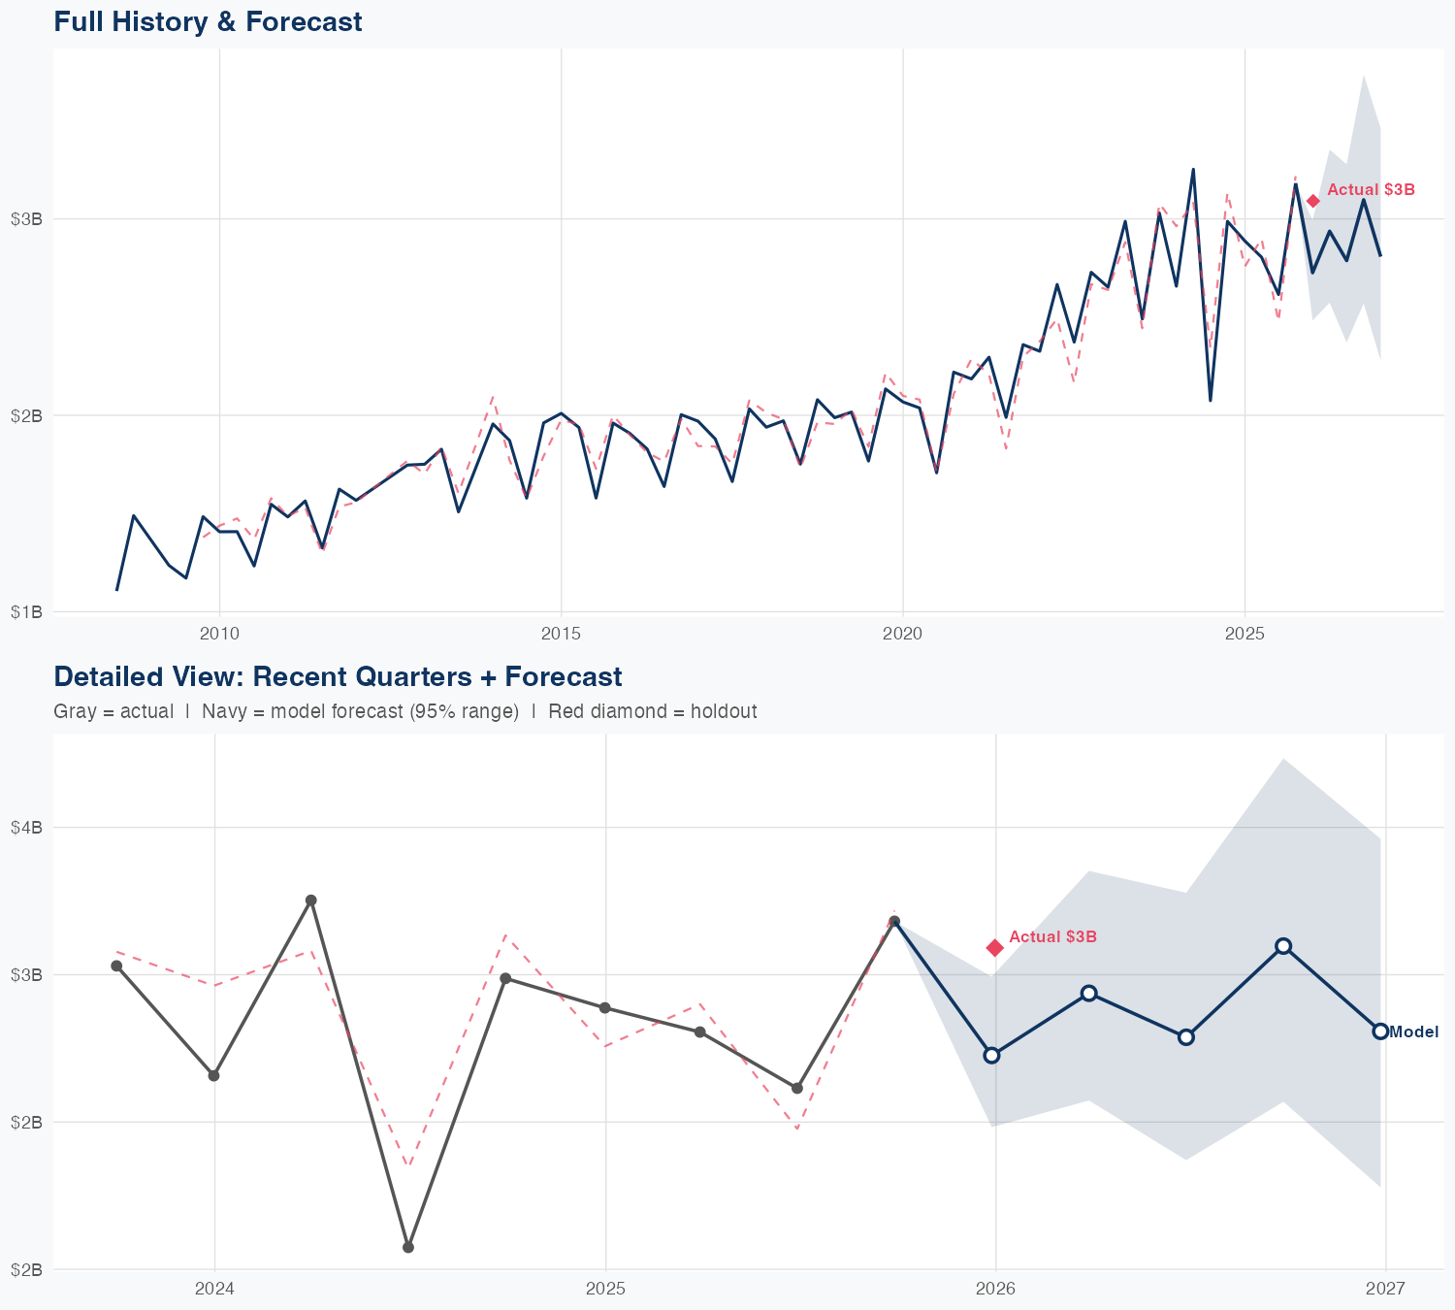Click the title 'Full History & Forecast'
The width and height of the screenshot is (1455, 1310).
[208, 21]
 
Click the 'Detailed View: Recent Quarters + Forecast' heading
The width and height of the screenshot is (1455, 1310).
[338, 676]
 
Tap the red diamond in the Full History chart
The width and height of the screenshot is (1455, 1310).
[1312, 201]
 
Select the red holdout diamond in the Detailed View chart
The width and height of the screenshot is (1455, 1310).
[994, 947]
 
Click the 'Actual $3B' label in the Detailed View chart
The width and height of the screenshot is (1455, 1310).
[1052, 936]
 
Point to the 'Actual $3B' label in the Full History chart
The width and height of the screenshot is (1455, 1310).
[1371, 190]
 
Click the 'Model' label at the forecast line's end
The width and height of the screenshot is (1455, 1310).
[1413, 1032]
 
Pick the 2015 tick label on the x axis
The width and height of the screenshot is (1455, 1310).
[561, 635]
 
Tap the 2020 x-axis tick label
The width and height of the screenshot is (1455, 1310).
[902, 635]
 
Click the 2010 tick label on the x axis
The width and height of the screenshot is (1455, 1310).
[219, 635]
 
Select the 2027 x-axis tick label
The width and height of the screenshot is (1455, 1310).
[1385, 1290]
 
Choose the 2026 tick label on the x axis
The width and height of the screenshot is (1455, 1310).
[995, 1290]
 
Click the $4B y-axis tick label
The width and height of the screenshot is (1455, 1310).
[26, 828]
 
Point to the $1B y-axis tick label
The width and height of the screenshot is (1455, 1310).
[26, 612]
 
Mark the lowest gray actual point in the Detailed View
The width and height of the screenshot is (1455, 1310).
[408, 1247]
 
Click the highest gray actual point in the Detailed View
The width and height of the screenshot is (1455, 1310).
[311, 901]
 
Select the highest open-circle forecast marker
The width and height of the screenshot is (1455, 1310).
[1283, 946]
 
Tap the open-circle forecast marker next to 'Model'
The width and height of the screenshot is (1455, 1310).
[1379, 1031]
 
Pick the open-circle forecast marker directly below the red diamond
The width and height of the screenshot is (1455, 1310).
[991, 1055]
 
